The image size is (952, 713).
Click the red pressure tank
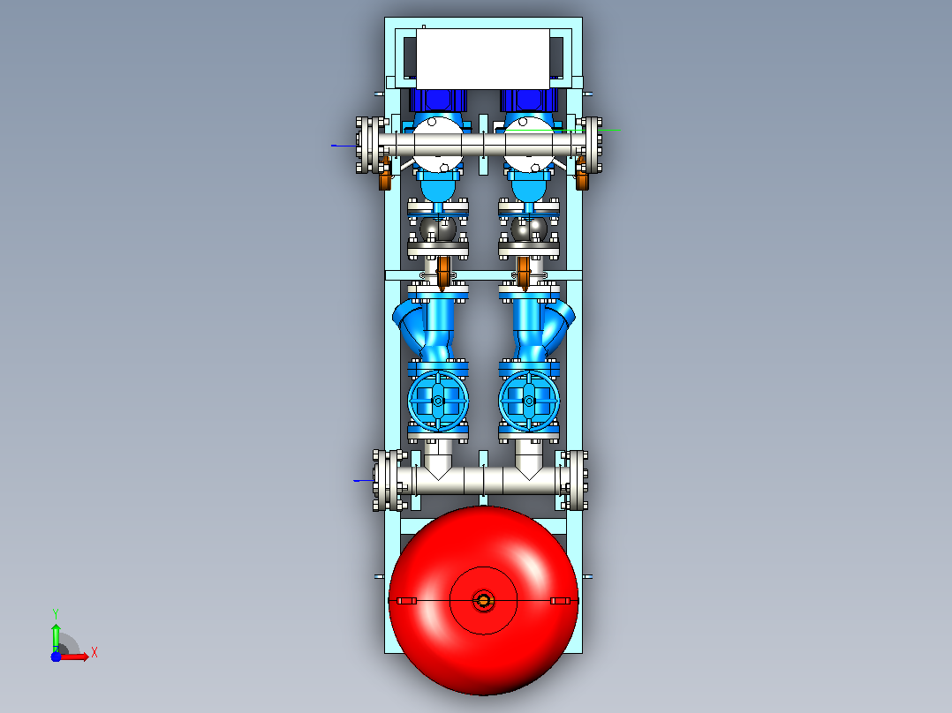pos(483,601)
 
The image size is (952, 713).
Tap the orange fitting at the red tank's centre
pos(484,601)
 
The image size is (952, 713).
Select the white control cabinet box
pos(483,59)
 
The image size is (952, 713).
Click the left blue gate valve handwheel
pos(438,401)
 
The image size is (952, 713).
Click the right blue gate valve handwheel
pos(529,401)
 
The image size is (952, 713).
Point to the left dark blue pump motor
pos(438,101)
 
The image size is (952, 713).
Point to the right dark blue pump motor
pos(529,101)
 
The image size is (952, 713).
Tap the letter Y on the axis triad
pos(56,613)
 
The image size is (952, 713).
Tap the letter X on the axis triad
pos(94,653)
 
